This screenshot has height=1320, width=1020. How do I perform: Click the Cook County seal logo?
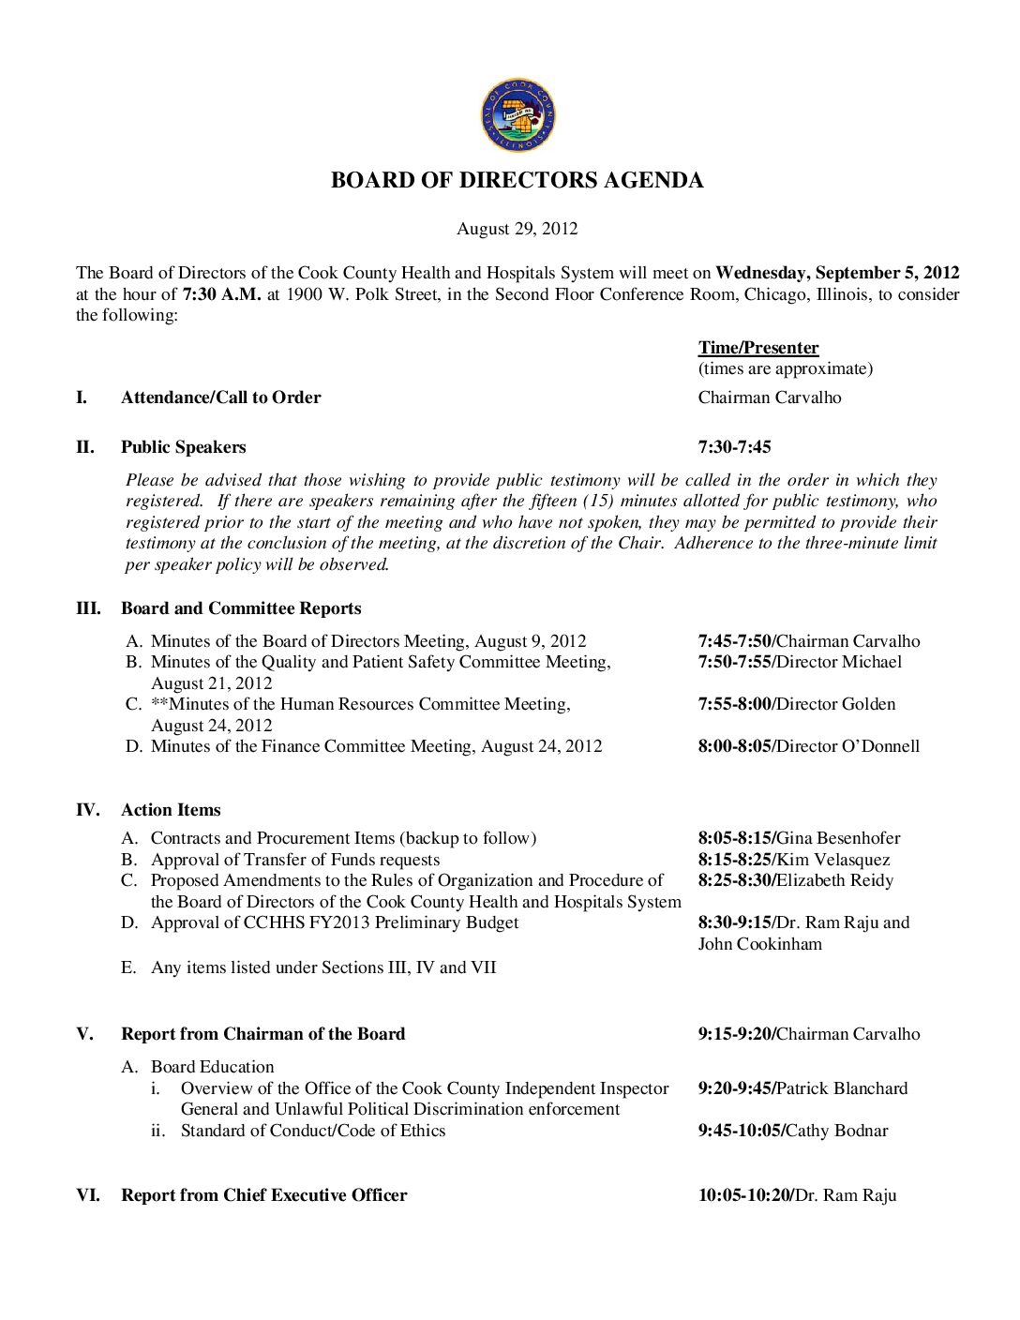[517, 116]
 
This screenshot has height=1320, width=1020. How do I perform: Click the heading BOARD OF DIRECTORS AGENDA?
[517, 181]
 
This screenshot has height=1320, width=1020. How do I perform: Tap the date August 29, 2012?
[517, 229]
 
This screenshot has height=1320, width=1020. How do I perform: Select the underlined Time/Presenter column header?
[757, 348]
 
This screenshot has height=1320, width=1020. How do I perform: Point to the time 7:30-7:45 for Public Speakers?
[734, 447]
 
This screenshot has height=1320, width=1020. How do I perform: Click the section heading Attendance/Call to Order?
[220, 397]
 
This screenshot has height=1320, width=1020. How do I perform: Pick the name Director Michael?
[839, 662]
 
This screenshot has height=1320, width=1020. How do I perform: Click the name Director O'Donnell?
[848, 746]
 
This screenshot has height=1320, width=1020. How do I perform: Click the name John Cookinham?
[759, 944]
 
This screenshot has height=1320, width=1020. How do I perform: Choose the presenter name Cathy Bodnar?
[837, 1131]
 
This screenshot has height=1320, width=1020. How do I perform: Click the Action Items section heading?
[171, 810]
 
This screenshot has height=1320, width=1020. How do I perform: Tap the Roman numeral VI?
[88, 1195]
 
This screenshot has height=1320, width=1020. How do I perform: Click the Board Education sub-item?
[212, 1067]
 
